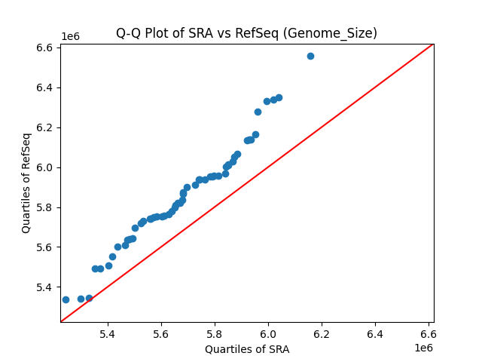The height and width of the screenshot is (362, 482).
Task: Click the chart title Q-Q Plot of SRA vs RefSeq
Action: click(x=246, y=33)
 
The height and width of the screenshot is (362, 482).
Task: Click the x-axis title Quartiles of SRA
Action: click(x=246, y=349)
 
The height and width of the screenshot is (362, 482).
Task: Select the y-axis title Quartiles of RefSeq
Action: click(x=26, y=183)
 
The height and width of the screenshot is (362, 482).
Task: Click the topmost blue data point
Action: click(x=310, y=56)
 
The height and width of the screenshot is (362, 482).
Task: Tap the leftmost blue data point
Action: click(x=66, y=299)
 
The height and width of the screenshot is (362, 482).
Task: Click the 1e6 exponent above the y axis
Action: click(x=70, y=37)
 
